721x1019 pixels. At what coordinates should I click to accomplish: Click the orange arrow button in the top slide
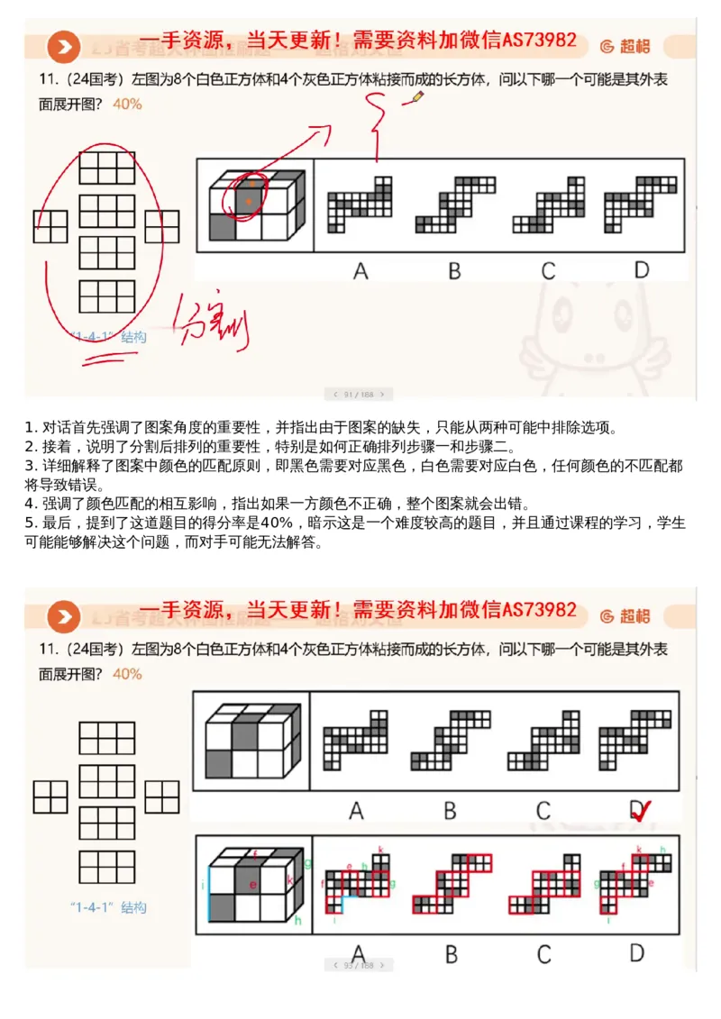pyautogui.click(x=64, y=47)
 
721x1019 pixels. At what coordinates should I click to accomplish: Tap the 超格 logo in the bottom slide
pyautogui.click(x=626, y=615)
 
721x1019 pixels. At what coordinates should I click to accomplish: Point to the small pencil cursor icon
pyautogui.click(x=416, y=96)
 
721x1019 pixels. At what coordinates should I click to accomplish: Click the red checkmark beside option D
pyautogui.click(x=641, y=813)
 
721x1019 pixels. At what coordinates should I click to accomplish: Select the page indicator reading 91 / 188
pyautogui.click(x=359, y=394)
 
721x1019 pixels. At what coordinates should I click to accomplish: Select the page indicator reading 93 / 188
pyautogui.click(x=359, y=965)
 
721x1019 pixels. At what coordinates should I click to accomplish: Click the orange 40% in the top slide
pyautogui.click(x=127, y=104)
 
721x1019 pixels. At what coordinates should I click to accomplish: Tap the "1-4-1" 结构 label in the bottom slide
pyautogui.click(x=107, y=907)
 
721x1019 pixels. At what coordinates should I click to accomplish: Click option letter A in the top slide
pyautogui.click(x=360, y=269)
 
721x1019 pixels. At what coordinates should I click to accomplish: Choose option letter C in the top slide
pyautogui.click(x=548, y=269)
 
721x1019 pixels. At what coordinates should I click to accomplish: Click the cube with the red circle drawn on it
pyautogui.click(x=253, y=205)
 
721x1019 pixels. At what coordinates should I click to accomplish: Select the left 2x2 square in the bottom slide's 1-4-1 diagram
pyautogui.click(x=50, y=796)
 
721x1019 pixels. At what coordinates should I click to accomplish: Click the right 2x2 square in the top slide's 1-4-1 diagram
pyautogui.click(x=162, y=227)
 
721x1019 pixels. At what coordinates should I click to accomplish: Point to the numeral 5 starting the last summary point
pyautogui.click(x=29, y=523)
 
